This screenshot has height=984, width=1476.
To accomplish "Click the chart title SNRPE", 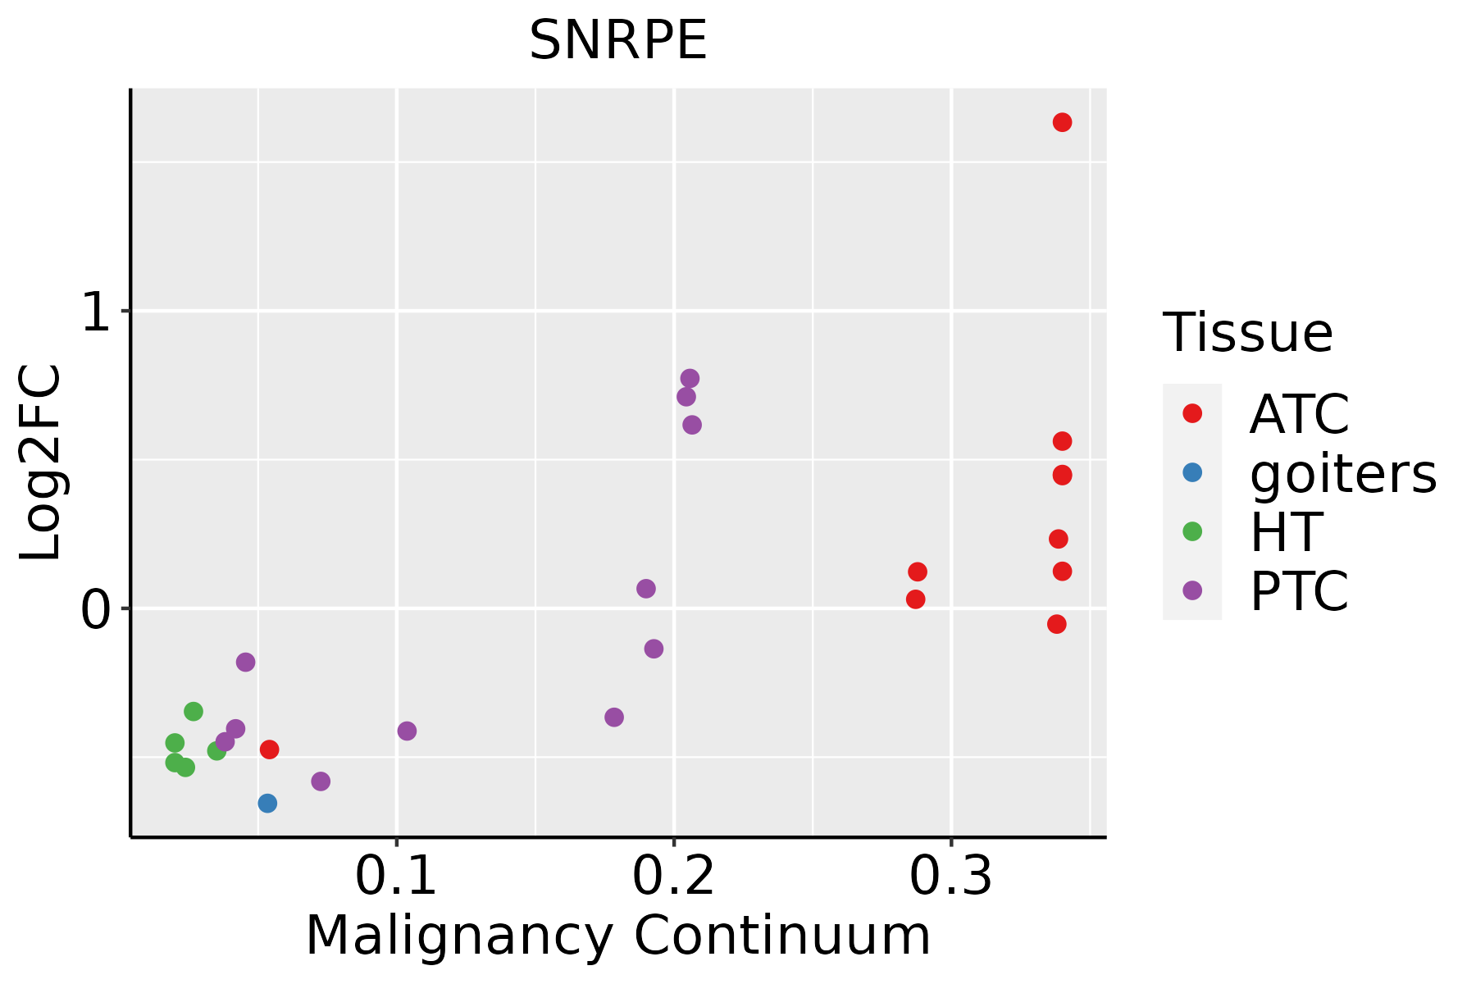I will [618, 41].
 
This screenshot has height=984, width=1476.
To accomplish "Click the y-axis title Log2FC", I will [41, 462].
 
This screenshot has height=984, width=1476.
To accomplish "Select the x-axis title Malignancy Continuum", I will [618, 936].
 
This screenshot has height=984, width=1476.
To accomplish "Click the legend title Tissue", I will [1248, 333].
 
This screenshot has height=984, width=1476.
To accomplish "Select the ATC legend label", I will [1299, 414].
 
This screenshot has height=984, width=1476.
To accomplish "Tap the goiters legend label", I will [1343, 473].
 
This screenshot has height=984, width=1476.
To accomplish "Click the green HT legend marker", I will [1192, 531].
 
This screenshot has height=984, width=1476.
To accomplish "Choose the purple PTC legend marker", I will [1192, 590].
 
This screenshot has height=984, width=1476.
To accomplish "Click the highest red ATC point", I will [1062, 122].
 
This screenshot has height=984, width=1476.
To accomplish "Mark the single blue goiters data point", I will [267, 803].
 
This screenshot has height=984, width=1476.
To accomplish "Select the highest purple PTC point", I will [690, 378].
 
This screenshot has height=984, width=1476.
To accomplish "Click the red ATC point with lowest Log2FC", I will [269, 749].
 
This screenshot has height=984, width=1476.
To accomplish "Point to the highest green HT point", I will [194, 711].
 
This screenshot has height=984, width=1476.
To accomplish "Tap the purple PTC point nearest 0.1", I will [407, 731].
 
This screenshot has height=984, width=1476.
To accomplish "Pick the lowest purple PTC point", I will [321, 781].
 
